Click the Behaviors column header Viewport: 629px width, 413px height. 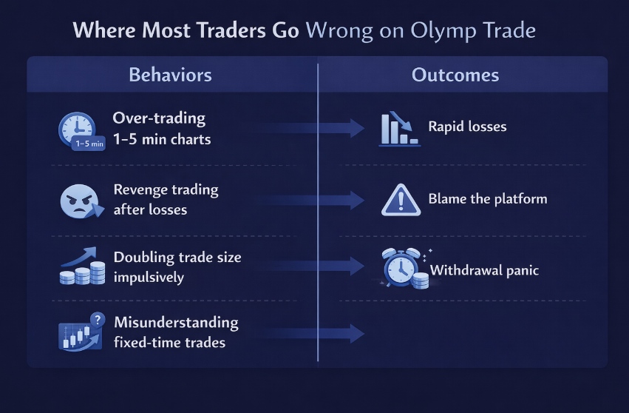tap(170, 75)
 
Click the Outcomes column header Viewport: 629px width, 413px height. tap(455, 75)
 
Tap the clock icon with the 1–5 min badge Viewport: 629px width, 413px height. tap(81, 131)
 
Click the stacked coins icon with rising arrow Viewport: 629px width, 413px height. tap(82, 266)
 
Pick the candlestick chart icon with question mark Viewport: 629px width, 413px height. tap(82, 332)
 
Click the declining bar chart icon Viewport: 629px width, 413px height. tap(400, 129)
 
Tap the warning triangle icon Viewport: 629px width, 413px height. tap(401, 200)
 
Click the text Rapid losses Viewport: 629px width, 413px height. tap(467, 127)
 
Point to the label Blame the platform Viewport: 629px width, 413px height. tap(488, 199)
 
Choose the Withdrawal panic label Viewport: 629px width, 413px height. tap(484, 270)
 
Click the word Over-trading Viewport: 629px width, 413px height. tap(159, 118)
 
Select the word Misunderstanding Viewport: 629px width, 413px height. tap(176, 323)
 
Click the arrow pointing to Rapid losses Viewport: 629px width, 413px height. tap(309, 128)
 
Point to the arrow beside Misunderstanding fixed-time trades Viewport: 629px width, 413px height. tap(309, 334)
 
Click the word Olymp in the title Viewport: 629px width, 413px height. tap(443, 31)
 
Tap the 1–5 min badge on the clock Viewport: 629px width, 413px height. tap(89, 144)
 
